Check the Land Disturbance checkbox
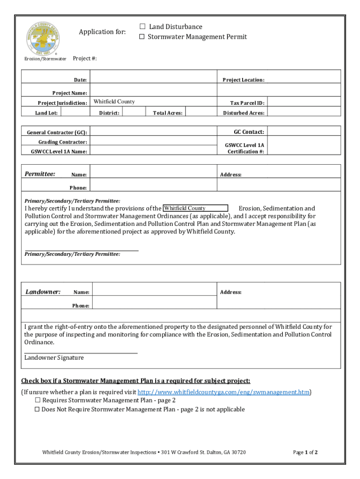(x=142, y=27)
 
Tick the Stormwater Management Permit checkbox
(x=142, y=37)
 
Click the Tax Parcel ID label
(x=247, y=103)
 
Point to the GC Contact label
(x=249, y=132)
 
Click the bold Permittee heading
(x=40, y=174)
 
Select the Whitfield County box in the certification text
(x=195, y=208)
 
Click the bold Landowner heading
(x=43, y=292)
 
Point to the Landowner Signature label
(x=54, y=358)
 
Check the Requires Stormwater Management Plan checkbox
(x=37, y=400)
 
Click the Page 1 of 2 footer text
(x=305, y=452)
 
